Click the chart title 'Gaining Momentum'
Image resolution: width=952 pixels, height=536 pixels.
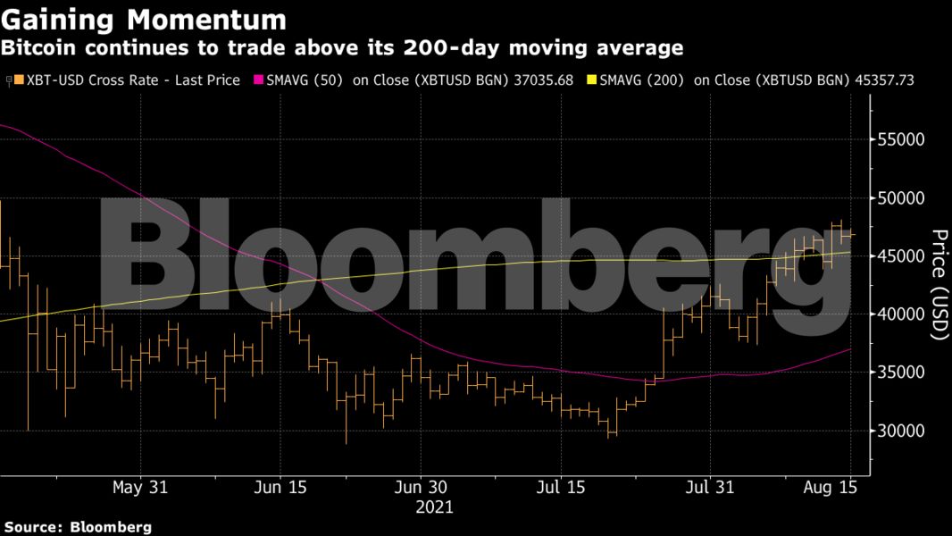[143, 19]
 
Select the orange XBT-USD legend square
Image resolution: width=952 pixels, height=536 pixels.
[19, 80]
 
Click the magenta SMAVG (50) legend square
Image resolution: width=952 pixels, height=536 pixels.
[261, 80]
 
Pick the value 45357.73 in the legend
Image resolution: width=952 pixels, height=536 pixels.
[881, 80]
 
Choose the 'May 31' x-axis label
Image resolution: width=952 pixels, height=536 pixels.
[140, 488]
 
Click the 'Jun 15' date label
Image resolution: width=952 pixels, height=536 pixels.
[280, 488]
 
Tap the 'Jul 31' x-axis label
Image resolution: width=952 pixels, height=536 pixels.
[709, 488]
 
